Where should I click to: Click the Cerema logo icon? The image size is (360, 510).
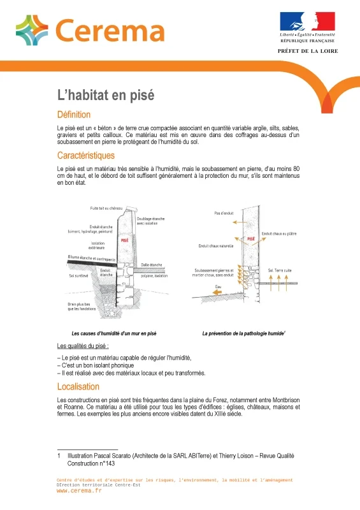pos(32,31)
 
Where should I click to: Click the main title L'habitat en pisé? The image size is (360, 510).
pos(106,96)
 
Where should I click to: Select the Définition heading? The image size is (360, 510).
pos(74,115)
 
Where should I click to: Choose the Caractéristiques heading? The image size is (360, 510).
pos(86,155)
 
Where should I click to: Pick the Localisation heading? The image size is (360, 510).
pos(78,386)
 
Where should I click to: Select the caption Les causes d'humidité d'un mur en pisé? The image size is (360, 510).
pos(114,333)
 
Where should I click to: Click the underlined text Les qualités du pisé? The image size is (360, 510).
pos(83,346)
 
